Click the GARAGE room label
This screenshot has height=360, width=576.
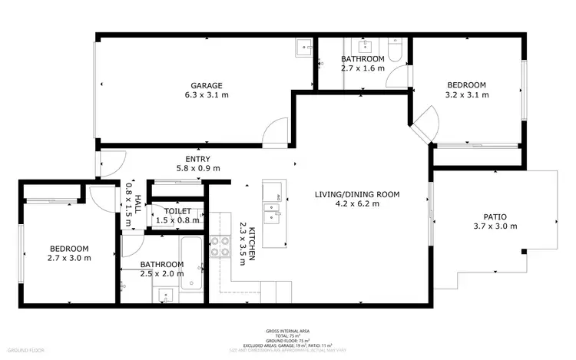(207, 85)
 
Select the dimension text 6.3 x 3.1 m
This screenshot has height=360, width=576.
(207, 95)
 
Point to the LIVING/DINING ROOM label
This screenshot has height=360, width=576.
(357, 194)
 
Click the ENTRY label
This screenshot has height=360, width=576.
(197, 159)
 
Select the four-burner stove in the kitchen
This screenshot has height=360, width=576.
(220, 246)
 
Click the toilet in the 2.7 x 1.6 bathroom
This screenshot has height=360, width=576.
(394, 50)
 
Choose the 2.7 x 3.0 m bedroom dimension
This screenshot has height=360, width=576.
(69, 258)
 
